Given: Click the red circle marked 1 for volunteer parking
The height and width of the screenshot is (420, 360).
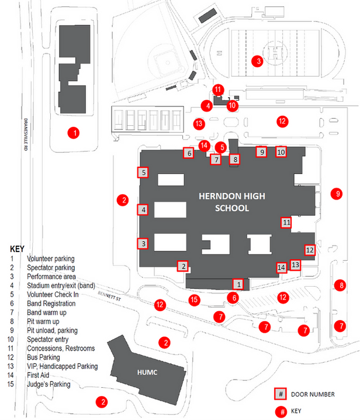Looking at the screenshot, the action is click(x=74, y=133).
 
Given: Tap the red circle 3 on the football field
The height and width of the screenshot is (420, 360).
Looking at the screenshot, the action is click(x=257, y=61).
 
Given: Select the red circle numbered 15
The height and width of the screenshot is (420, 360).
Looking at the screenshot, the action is click(x=195, y=299).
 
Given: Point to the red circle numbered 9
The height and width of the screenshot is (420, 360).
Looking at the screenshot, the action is click(x=337, y=194).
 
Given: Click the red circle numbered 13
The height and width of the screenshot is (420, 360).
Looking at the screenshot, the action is click(x=199, y=124).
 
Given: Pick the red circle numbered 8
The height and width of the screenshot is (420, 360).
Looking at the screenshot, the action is click(x=340, y=285).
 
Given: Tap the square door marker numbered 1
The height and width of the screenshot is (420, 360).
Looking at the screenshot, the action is click(x=238, y=284).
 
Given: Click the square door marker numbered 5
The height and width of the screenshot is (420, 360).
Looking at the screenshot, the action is click(x=143, y=172).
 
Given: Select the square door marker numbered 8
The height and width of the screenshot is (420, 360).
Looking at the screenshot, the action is click(x=235, y=159).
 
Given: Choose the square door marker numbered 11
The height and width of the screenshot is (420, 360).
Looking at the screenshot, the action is click(x=286, y=222).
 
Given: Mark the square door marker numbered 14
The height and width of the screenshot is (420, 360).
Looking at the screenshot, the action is click(x=281, y=267).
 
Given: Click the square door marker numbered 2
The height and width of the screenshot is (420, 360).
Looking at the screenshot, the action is click(x=183, y=266).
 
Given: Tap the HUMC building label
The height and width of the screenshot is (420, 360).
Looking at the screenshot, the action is click(x=147, y=372).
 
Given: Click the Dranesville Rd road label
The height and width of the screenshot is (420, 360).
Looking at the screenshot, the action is click(x=26, y=135).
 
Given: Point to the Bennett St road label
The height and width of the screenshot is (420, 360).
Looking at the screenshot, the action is click(x=109, y=296).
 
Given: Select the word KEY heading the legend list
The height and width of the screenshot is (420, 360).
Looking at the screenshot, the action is click(x=17, y=249).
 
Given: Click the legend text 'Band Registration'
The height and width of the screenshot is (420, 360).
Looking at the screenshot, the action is click(x=51, y=304).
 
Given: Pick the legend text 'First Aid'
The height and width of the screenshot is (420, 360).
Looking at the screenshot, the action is click(x=38, y=375).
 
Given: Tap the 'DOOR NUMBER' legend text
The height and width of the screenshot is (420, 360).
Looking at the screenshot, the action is click(x=313, y=394).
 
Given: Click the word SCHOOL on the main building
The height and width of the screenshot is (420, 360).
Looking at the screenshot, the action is click(x=232, y=208).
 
